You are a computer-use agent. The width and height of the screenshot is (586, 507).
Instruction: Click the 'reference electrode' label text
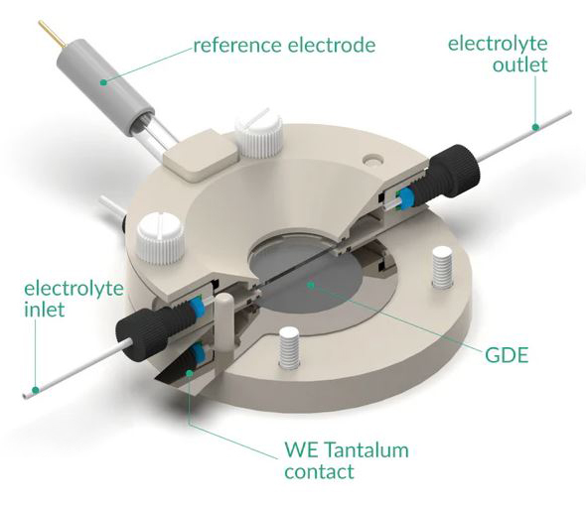[284, 46]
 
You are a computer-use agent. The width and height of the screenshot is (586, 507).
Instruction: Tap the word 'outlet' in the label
[519, 64]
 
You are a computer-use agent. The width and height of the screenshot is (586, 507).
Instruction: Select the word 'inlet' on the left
[45, 310]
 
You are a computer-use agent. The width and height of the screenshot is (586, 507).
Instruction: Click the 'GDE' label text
[507, 354]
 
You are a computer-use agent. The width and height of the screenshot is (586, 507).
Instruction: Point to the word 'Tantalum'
[366, 449]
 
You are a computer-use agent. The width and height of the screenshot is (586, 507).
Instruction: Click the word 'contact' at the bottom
[319, 471]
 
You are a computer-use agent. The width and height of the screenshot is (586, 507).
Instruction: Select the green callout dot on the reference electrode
[103, 81]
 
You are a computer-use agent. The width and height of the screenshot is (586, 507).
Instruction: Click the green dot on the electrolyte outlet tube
[535, 127]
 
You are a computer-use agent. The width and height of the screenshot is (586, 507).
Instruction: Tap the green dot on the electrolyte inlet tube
[36, 390]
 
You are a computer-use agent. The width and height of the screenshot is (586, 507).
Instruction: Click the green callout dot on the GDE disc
[310, 285]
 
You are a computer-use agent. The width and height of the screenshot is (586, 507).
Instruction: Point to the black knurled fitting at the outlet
[454, 174]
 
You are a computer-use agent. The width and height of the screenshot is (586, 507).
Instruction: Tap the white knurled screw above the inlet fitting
[161, 238]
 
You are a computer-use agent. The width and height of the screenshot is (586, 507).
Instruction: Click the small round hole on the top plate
[374, 160]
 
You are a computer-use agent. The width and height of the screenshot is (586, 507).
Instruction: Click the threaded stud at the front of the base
[290, 345]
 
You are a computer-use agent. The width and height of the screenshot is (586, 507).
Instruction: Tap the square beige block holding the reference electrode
[201, 156]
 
